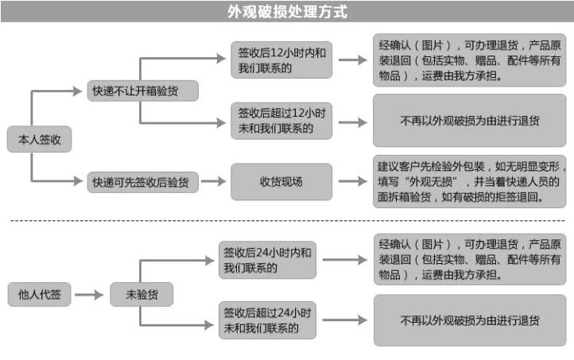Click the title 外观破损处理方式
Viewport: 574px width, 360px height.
(287, 12)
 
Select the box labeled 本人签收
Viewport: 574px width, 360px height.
(40, 139)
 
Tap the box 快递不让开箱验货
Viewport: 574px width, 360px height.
(143, 91)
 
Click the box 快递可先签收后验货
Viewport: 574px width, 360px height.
(143, 182)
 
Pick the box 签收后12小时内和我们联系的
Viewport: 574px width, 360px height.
(281, 60)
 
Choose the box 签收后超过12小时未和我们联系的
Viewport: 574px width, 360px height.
(281, 121)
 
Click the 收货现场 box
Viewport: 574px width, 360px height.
(281, 181)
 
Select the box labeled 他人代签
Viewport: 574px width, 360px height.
(40, 294)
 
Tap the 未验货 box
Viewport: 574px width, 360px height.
(142, 294)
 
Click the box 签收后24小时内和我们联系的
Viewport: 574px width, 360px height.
(267, 260)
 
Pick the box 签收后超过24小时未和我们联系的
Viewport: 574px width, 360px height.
(267, 320)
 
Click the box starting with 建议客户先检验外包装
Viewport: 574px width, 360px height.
(470, 181)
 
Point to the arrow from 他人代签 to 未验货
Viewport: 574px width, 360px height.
(89, 295)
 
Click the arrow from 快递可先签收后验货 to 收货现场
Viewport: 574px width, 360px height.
(213, 181)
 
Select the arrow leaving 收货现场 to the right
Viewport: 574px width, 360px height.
(353, 181)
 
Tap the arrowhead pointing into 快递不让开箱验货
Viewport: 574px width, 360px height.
(78, 91)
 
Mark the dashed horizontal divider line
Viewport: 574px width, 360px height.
(288, 221)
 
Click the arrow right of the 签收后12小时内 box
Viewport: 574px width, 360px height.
(353, 60)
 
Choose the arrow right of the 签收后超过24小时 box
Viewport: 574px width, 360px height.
(345, 320)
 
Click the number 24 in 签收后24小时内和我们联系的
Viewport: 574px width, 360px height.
(262, 253)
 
